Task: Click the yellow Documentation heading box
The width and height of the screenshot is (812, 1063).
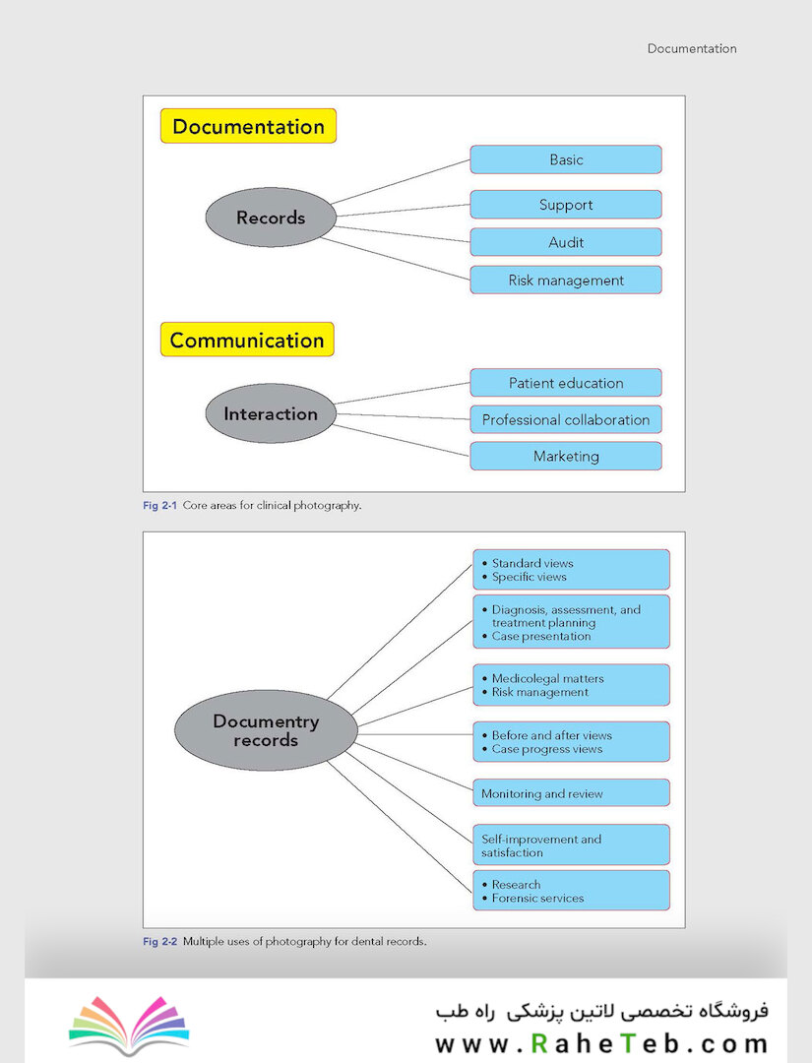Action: (248, 126)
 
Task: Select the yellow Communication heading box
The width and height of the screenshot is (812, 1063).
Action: (247, 340)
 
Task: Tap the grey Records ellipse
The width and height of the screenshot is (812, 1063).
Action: (271, 217)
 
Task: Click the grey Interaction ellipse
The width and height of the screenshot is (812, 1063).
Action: (271, 413)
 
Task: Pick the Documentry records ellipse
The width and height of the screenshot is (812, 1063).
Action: (266, 730)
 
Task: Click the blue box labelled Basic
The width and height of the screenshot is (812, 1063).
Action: (566, 159)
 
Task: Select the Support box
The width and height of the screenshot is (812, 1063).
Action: (566, 204)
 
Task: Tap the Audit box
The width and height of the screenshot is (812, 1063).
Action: (566, 242)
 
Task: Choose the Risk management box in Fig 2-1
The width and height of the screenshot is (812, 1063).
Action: (566, 280)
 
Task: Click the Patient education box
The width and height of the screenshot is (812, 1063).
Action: (566, 383)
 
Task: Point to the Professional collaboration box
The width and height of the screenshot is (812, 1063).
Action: (566, 419)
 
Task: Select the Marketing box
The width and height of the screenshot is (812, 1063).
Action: (566, 457)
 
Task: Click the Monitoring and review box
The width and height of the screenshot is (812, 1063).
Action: (572, 793)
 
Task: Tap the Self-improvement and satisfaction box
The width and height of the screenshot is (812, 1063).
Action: (572, 844)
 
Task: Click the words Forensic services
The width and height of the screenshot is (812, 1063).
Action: (537, 899)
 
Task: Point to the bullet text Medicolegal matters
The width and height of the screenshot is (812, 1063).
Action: (547, 678)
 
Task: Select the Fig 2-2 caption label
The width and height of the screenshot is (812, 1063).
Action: (160, 941)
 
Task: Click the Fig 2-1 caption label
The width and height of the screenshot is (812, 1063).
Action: (160, 505)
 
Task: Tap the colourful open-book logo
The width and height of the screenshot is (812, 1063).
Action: (129, 1025)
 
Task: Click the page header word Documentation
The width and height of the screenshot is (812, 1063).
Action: (692, 48)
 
